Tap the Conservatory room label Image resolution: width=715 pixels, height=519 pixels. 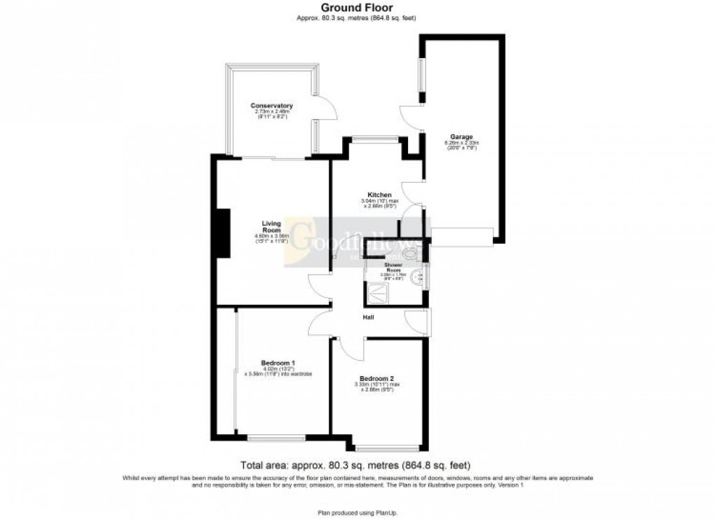pyautogui.click(x=271, y=106)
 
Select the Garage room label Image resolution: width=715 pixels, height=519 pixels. pyautogui.click(x=461, y=136)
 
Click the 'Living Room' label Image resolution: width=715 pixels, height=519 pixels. pyautogui.click(x=271, y=226)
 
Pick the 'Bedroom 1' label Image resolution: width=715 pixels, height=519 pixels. pyautogui.click(x=275, y=362)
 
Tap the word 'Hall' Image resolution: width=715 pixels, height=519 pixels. pyautogui.click(x=367, y=318)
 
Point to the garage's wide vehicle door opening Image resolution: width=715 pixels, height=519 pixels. pyautogui.click(x=462, y=237)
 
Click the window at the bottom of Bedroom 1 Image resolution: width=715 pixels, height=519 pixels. pyautogui.click(x=275, y=438)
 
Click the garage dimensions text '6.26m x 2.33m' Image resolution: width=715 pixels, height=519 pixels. pyautogui.click(x=461, y=143)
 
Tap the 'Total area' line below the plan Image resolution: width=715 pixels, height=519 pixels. pyautogui.click(x=355, y=465)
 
